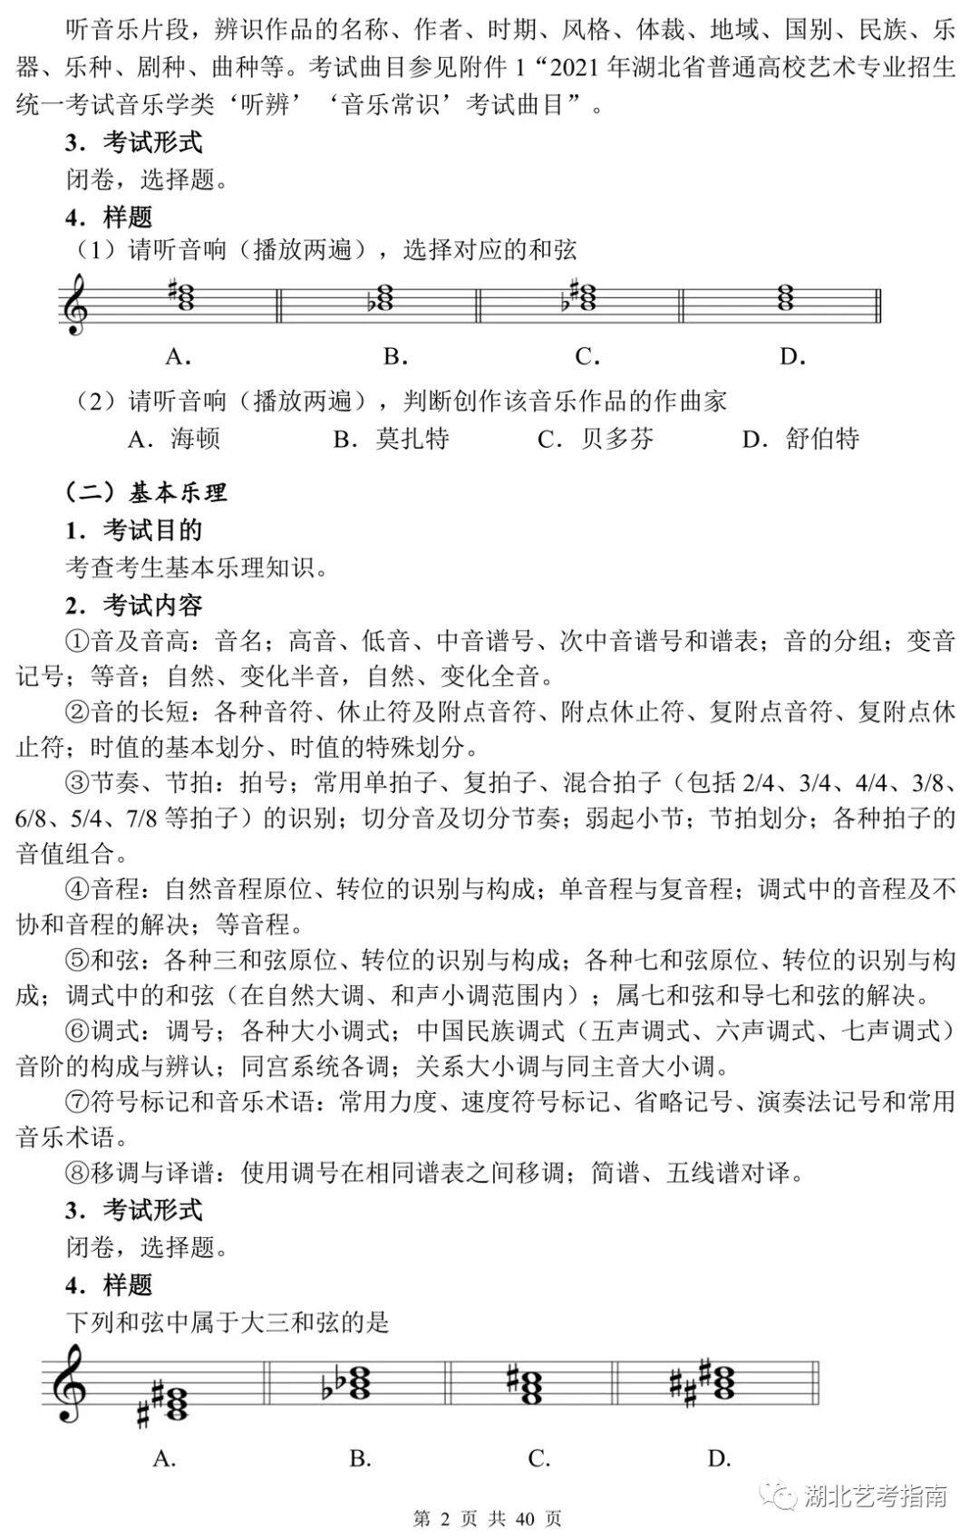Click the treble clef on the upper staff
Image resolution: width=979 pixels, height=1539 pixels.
pyautogui.click(x=74, y=305)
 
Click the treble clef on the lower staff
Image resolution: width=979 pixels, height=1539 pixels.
pyautogui.click(x=69, y=1383)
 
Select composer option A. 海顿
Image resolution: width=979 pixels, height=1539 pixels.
pyautogui.click(x=174, y=440)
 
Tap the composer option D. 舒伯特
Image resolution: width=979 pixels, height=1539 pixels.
pyautogui.click(x=800, y=440)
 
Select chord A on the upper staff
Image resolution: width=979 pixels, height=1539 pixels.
pyautogui.click(x=185, y=297)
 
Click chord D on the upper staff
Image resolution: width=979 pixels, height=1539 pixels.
pyautogui.click(x=786, y=297)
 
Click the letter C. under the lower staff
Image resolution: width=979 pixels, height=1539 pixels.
pyautogui.click(x=539, y=1458)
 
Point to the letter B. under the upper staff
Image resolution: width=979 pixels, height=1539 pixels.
pyautogui.click(x=395, y=357)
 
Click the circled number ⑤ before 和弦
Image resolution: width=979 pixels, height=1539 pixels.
pyautogui.click(x=78, y=959)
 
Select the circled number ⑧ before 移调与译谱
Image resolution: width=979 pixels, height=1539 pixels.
pyautogui.click(x=78, y=1173)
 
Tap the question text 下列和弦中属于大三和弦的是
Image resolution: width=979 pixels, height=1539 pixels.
pyautogui.click(x=228, y=1322)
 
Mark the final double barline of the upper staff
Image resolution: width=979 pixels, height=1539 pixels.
pyautogui.click(x=878, y=305)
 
